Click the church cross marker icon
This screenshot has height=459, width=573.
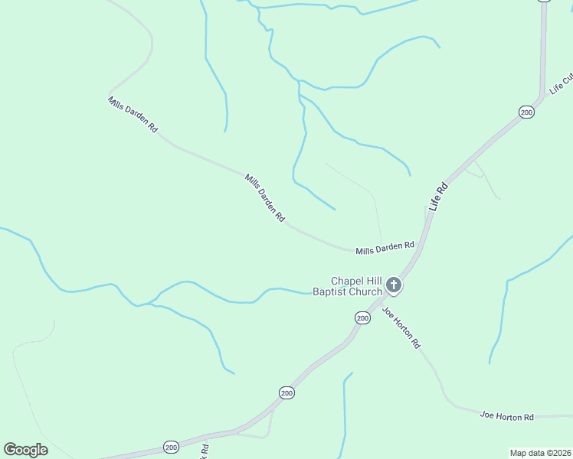click(394, 286)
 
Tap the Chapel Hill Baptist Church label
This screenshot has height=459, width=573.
click(347, 286)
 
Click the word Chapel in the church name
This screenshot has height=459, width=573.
click(345, 281)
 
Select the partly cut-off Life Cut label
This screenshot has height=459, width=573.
click(562, 84)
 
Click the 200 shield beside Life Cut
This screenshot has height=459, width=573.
click(526, 112)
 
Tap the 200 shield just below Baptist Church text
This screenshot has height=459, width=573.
click(362, 317)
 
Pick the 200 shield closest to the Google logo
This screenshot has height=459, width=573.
click(171, 447)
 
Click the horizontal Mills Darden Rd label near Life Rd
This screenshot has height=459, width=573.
click(385, 248)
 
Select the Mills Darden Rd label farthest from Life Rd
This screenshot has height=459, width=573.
click(133, 116)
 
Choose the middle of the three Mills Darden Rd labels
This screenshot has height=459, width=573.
click(265, 198)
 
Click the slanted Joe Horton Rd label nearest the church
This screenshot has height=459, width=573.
click(401, 327)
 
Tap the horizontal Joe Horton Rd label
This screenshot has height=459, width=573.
click(506, 416)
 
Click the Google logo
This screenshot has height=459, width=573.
click(25, 450)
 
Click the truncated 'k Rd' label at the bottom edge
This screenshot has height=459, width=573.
click(205, 451)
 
